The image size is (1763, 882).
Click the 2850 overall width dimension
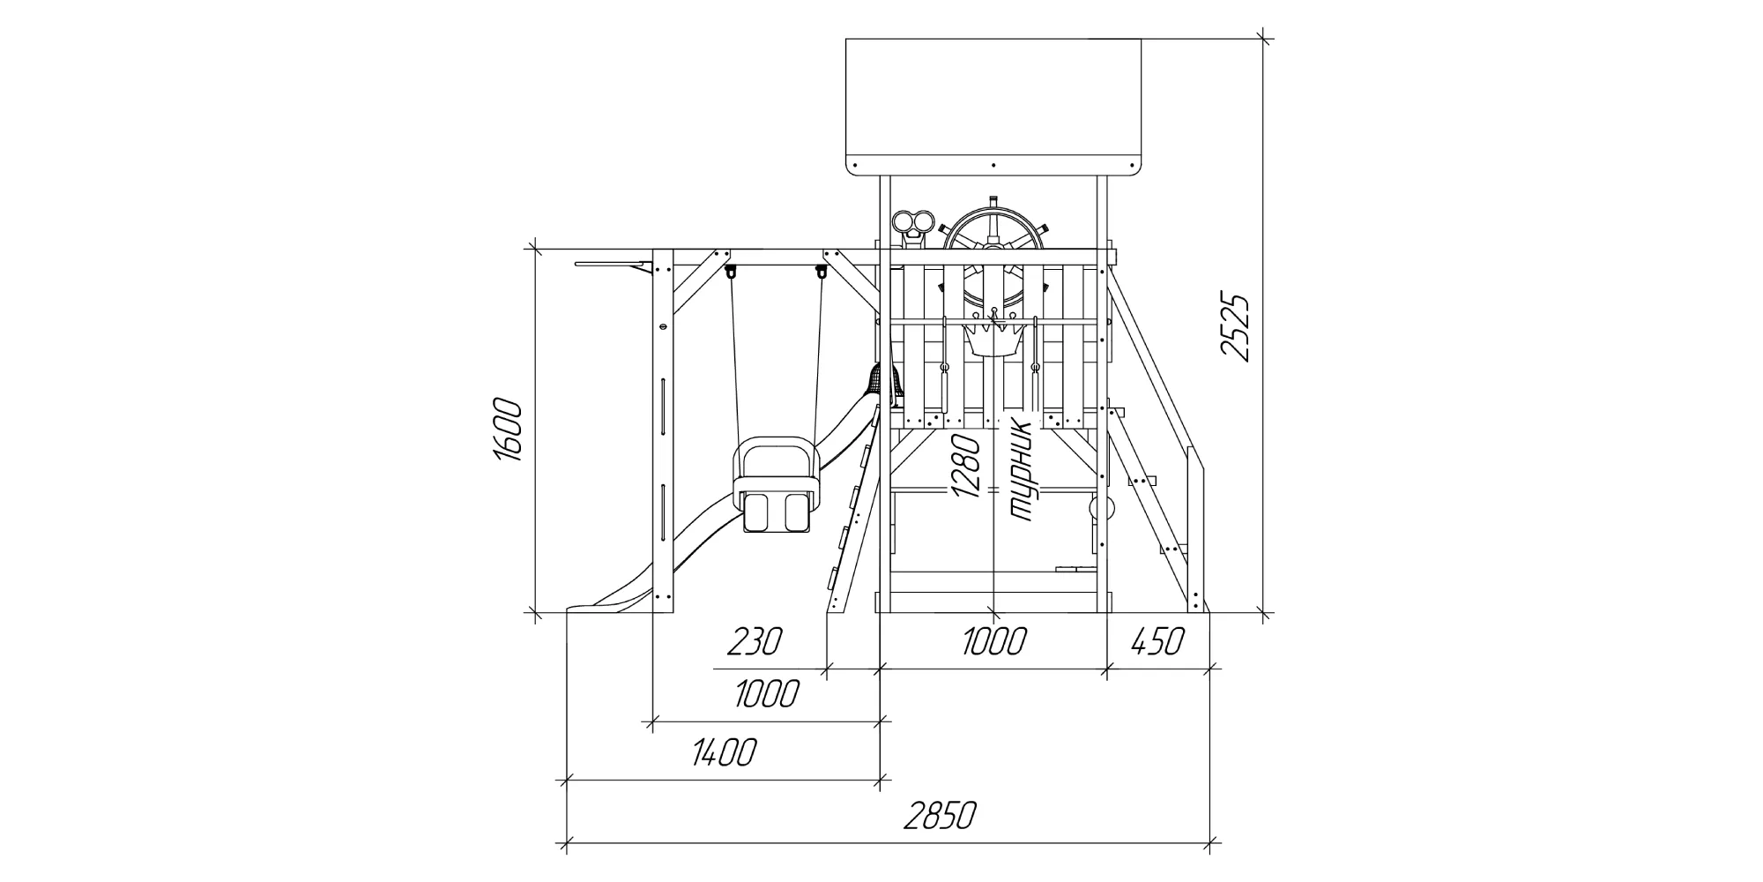click(x=940, y=816)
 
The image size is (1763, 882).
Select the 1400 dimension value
click(x=725, y=752)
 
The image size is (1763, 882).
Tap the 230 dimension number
click(x=755, y=641)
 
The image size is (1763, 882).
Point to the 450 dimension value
click(x=1156, y=641)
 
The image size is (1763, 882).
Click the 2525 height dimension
click(x=1235, y=327)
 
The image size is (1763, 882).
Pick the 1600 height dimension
click(x=508, y=430)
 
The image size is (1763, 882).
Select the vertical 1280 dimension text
click(x=966, y=466)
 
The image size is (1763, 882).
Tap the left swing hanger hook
click(x=731, y=273)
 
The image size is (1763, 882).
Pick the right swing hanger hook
click(x=822, y=273)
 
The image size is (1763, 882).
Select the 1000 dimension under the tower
click(x=993, y=641)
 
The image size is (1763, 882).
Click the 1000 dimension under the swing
click(x=767, y=694)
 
